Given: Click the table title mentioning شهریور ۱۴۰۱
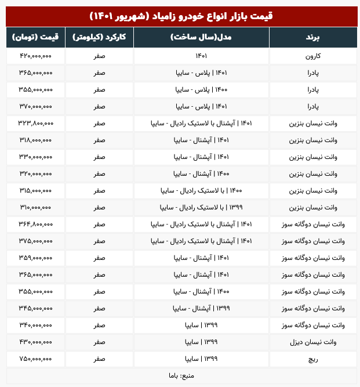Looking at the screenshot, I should coord(180,16).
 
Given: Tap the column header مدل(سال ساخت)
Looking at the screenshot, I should coord(201,38).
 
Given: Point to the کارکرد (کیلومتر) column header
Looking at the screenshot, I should coord(99,38).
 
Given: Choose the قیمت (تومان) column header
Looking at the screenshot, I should coord(36,38).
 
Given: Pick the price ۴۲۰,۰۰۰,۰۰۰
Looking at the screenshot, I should coord(36,56).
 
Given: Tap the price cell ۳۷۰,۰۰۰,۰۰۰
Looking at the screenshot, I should coord(36,107).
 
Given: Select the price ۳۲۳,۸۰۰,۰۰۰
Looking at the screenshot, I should coord(36,124).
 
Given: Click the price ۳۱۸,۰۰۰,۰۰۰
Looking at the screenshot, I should coord(36,140).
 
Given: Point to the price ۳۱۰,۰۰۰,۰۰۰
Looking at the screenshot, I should coord(36,207).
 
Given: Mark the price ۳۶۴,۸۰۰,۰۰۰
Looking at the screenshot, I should coord(36,224).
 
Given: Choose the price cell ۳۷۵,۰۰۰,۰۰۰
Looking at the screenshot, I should coord(36,241).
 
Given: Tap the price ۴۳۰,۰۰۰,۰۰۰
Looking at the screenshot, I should coord(36,342).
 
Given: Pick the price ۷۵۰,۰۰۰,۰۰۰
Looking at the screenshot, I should coord(36,359).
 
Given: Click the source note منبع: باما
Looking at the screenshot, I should coord(180,375).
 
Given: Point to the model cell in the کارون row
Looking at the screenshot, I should coord(201,56).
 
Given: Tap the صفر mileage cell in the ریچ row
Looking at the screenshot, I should coord(99,359).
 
